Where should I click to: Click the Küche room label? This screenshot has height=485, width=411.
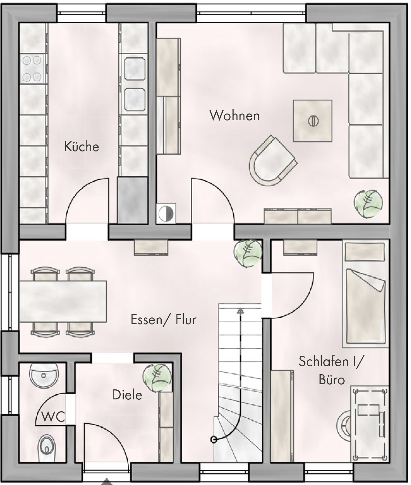(82, 147)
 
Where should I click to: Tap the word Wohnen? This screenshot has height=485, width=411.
(235, 116)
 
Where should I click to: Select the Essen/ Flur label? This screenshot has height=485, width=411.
(163, 320)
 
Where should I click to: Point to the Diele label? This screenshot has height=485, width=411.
(127, 395)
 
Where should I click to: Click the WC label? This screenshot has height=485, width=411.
(53, 417)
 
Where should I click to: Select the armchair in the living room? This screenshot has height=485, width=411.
(272, 161)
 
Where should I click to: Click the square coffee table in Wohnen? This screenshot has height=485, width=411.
(312, 121)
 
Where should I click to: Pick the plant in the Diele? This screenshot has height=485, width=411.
(157, 378)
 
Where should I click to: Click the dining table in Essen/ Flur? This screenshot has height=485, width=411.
(63, 302)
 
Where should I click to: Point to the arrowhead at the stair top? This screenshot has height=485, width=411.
(240, 310)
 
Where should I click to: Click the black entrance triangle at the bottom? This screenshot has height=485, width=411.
(106, 482)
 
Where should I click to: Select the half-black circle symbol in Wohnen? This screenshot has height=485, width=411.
(165, 213)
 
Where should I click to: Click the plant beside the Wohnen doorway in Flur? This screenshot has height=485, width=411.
(248, 253)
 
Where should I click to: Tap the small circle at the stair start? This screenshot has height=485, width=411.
(214, 439)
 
